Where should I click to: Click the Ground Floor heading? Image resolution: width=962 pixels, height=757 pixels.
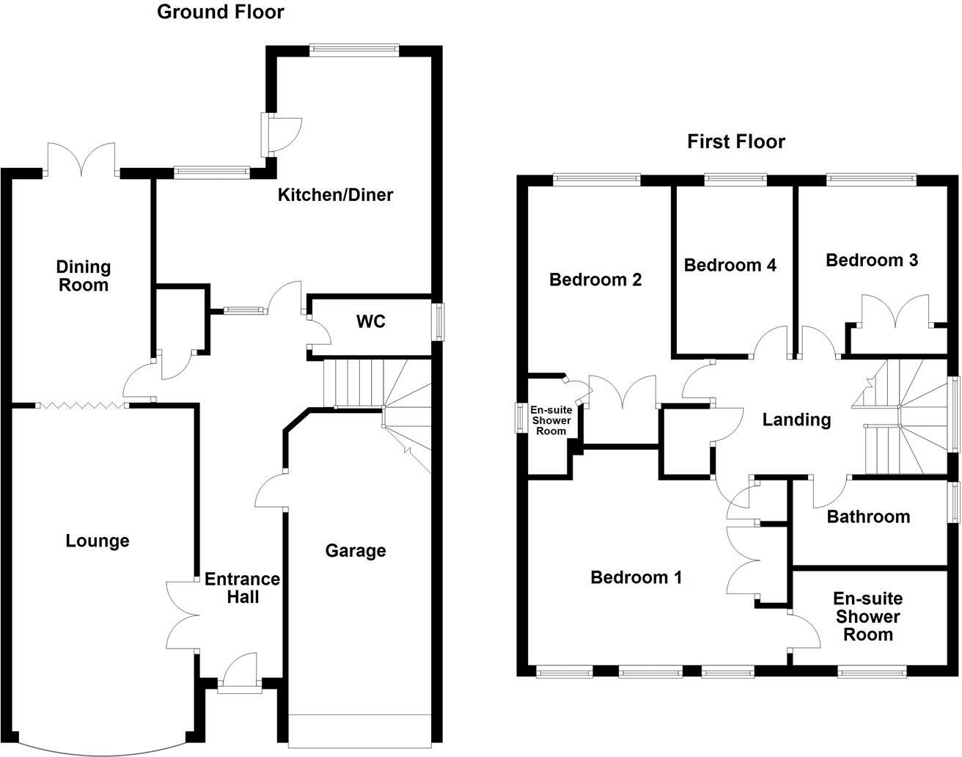click(220, 12)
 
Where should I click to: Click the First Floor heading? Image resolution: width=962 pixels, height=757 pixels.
click(735, 142)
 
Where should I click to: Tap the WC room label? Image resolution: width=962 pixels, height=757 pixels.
click(370, 322)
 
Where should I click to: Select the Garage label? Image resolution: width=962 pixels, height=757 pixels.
click(356, 550)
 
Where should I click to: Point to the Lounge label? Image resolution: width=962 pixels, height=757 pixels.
click(98, 541)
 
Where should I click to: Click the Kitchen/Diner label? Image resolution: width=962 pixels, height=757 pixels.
click(335, 195)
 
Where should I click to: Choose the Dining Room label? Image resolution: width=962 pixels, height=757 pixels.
click(84, 276)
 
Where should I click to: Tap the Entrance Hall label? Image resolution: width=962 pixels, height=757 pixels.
click(242, 588)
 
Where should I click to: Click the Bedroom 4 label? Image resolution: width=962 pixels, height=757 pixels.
click(730, 265)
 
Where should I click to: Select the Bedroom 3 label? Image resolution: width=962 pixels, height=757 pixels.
click(871, 260)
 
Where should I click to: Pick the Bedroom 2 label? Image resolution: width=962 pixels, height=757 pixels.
click(595, 279)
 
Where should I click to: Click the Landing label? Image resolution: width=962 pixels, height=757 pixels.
click(796, 420)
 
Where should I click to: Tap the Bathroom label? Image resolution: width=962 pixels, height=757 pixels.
click(868, 517)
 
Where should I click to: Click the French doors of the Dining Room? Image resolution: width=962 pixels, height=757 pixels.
click(81, 160)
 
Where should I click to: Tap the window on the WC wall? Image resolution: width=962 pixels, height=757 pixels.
click(439, 321)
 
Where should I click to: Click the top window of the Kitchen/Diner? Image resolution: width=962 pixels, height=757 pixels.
click(353, 49)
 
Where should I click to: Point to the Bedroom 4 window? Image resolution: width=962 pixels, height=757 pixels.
click(735, 178)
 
